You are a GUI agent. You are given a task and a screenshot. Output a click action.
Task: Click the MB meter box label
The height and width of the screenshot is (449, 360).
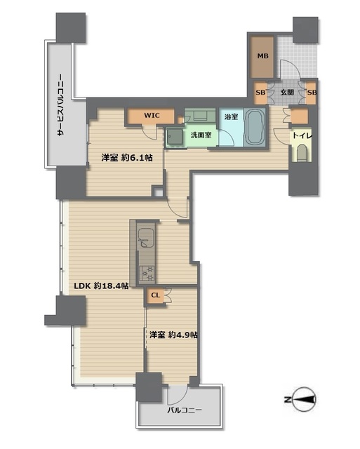(x=262, y=56)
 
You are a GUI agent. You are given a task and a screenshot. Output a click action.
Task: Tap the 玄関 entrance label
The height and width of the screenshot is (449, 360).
(x=287, y=92)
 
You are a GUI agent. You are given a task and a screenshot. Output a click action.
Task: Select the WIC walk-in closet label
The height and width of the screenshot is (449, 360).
(x=152, y=115)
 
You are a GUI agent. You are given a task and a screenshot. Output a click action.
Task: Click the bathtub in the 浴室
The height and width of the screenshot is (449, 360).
(x=255, y=127)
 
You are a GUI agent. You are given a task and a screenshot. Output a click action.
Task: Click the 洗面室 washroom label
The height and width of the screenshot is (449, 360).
(x=201, y=135)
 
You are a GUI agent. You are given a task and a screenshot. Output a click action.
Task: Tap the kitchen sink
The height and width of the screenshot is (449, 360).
(x=146, y=237)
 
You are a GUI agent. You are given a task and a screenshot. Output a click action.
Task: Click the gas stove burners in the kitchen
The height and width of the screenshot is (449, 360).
(x=147, y=273)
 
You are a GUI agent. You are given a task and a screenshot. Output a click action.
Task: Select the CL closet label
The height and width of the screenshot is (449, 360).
(x=155, y=295)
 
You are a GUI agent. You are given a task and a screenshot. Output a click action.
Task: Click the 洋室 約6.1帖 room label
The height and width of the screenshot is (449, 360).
(x=126, y=157)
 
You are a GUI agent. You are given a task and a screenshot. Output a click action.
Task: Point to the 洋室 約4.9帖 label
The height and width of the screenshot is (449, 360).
(x=173, y=335)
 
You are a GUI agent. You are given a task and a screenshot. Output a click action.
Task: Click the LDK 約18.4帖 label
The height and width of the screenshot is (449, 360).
(x=101, y=286)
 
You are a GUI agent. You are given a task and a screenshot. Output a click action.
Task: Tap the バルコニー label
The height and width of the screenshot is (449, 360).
(x=185, y=410)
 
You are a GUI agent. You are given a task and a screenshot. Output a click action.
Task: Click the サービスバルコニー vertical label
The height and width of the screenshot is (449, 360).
(x=60, y=105)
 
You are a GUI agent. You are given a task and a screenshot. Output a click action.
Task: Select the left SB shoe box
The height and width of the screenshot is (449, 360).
(x=260, y=93)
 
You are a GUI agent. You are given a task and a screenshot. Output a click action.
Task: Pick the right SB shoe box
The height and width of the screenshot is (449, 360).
(x=312, y=93)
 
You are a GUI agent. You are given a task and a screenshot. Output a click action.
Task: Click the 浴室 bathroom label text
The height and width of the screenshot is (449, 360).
(x=231, y=116)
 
